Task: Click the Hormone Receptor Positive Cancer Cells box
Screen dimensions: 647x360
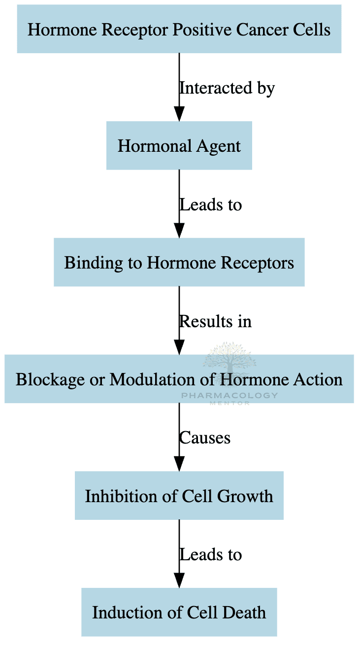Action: click(179, 29)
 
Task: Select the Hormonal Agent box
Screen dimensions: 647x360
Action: click(179, 146)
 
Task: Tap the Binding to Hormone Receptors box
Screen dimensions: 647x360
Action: click(179, 263)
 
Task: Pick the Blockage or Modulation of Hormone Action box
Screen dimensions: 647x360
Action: click(179, 379)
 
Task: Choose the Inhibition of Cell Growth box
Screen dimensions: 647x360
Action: click(179, 496)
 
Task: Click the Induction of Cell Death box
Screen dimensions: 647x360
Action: click(179, 613)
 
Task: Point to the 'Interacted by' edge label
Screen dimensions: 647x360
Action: click(227, 88)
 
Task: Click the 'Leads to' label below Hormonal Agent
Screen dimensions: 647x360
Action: click(210, 204)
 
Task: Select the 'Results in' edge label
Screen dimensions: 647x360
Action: click(215, 321)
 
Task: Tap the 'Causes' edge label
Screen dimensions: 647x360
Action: click(204, 438)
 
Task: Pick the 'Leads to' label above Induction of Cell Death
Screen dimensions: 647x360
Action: click(210, 554)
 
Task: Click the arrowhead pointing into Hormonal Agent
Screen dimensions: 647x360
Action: click(179, 114)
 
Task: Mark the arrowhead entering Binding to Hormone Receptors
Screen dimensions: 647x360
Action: click(179, 231)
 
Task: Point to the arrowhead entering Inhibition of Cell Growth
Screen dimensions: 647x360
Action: click(179, 464)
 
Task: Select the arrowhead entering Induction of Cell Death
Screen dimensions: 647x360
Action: click(179, 580)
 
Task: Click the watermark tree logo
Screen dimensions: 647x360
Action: click(229, 359)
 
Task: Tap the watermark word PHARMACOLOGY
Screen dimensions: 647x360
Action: click(229, 396)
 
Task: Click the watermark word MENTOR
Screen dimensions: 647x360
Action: click(229, 403)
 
